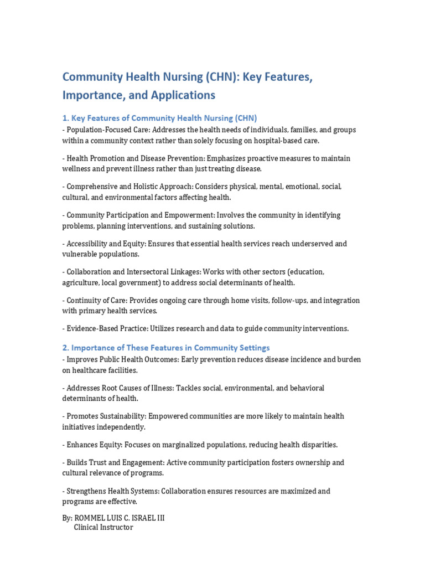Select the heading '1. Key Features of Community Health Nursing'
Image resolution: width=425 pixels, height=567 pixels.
[159, 118]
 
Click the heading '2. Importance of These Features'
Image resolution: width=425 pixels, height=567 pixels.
[166, 348]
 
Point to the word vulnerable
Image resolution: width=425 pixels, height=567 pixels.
[80, 254]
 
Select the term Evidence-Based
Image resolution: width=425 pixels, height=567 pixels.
[91, 329]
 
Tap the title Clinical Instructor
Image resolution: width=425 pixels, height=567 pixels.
[103, 528]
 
